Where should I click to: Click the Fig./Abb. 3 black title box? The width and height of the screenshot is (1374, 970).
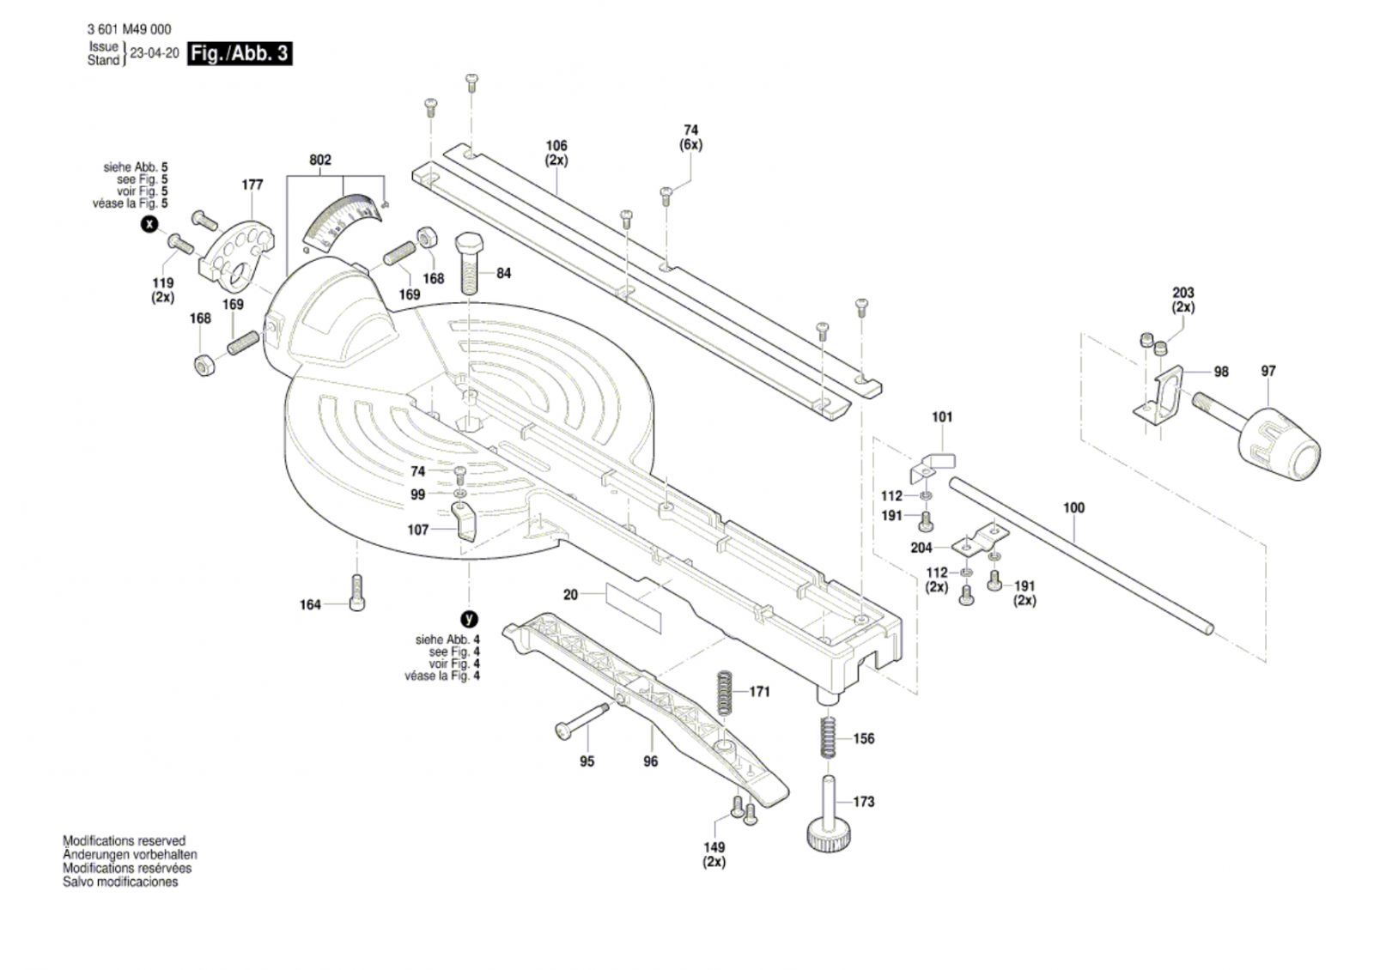pyautogui.click(x=240, y=54)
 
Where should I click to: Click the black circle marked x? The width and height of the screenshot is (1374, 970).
pyautogui.click(x=149, y=224)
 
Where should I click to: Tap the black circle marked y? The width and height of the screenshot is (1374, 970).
pyautogui.click(x=469, y=619)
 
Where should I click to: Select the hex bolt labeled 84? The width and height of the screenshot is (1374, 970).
pyautogui.click(x=469, y=264)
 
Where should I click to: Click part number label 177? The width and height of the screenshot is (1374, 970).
pyautogui.click(x=252, y=185)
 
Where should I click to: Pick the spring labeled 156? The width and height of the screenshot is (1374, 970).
pyautogui.click(x=828, y=738)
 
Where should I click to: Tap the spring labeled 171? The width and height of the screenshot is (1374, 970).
pyautogui.click(x=725, y=693)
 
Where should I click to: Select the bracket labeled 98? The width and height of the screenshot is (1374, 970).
pyautogui.click(x=1158, y=397)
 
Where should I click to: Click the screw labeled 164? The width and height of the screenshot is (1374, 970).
pyautogui.click(x=356, y=593)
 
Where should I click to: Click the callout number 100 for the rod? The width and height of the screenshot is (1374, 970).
pyautogui.click(x=1073, y=507)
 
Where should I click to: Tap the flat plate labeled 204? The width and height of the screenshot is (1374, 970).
pyautogui.click(x=980, y=540)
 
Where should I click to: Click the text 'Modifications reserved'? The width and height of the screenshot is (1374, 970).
pyautogui.click(x=124, y=840)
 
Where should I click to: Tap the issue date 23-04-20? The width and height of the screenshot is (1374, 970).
pyautogui.click(x=155, y=53)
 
